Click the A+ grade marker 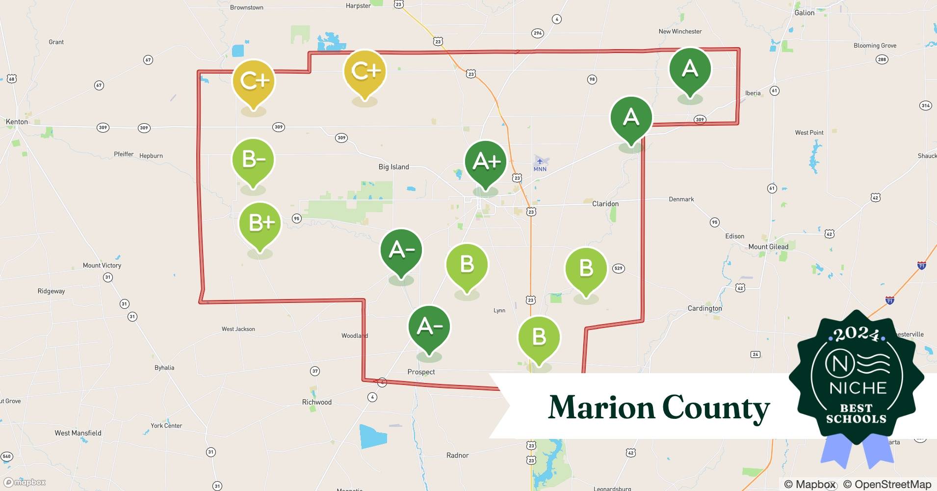coord(486,163)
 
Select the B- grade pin coord(253,160)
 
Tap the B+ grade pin coord(260,223)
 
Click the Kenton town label coord(17,122)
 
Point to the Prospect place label coord(421,372)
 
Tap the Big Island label coord(393,167)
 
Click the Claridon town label coord(605,204)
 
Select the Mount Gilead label coord(768,247)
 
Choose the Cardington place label coord(704,308)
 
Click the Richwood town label coord(316,402)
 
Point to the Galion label coord(804,13)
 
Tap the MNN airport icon coord(540,161)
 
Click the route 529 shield coord(618,268)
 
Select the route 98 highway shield coord(592,80)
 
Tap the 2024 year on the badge coord(857,335)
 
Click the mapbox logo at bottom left coord(25,482)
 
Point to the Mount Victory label coord(102,266)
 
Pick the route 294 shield coord(538,33)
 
